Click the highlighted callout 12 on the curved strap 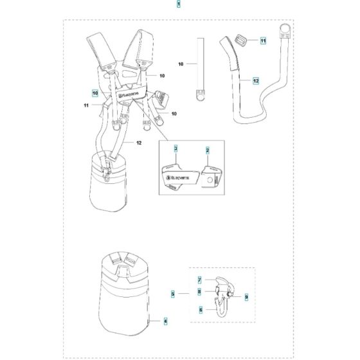pos(255,81)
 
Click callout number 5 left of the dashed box pos(173,293)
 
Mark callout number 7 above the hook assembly pos(200,280)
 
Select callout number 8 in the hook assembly pos(200,291)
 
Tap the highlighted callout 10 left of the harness pos(94,92)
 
